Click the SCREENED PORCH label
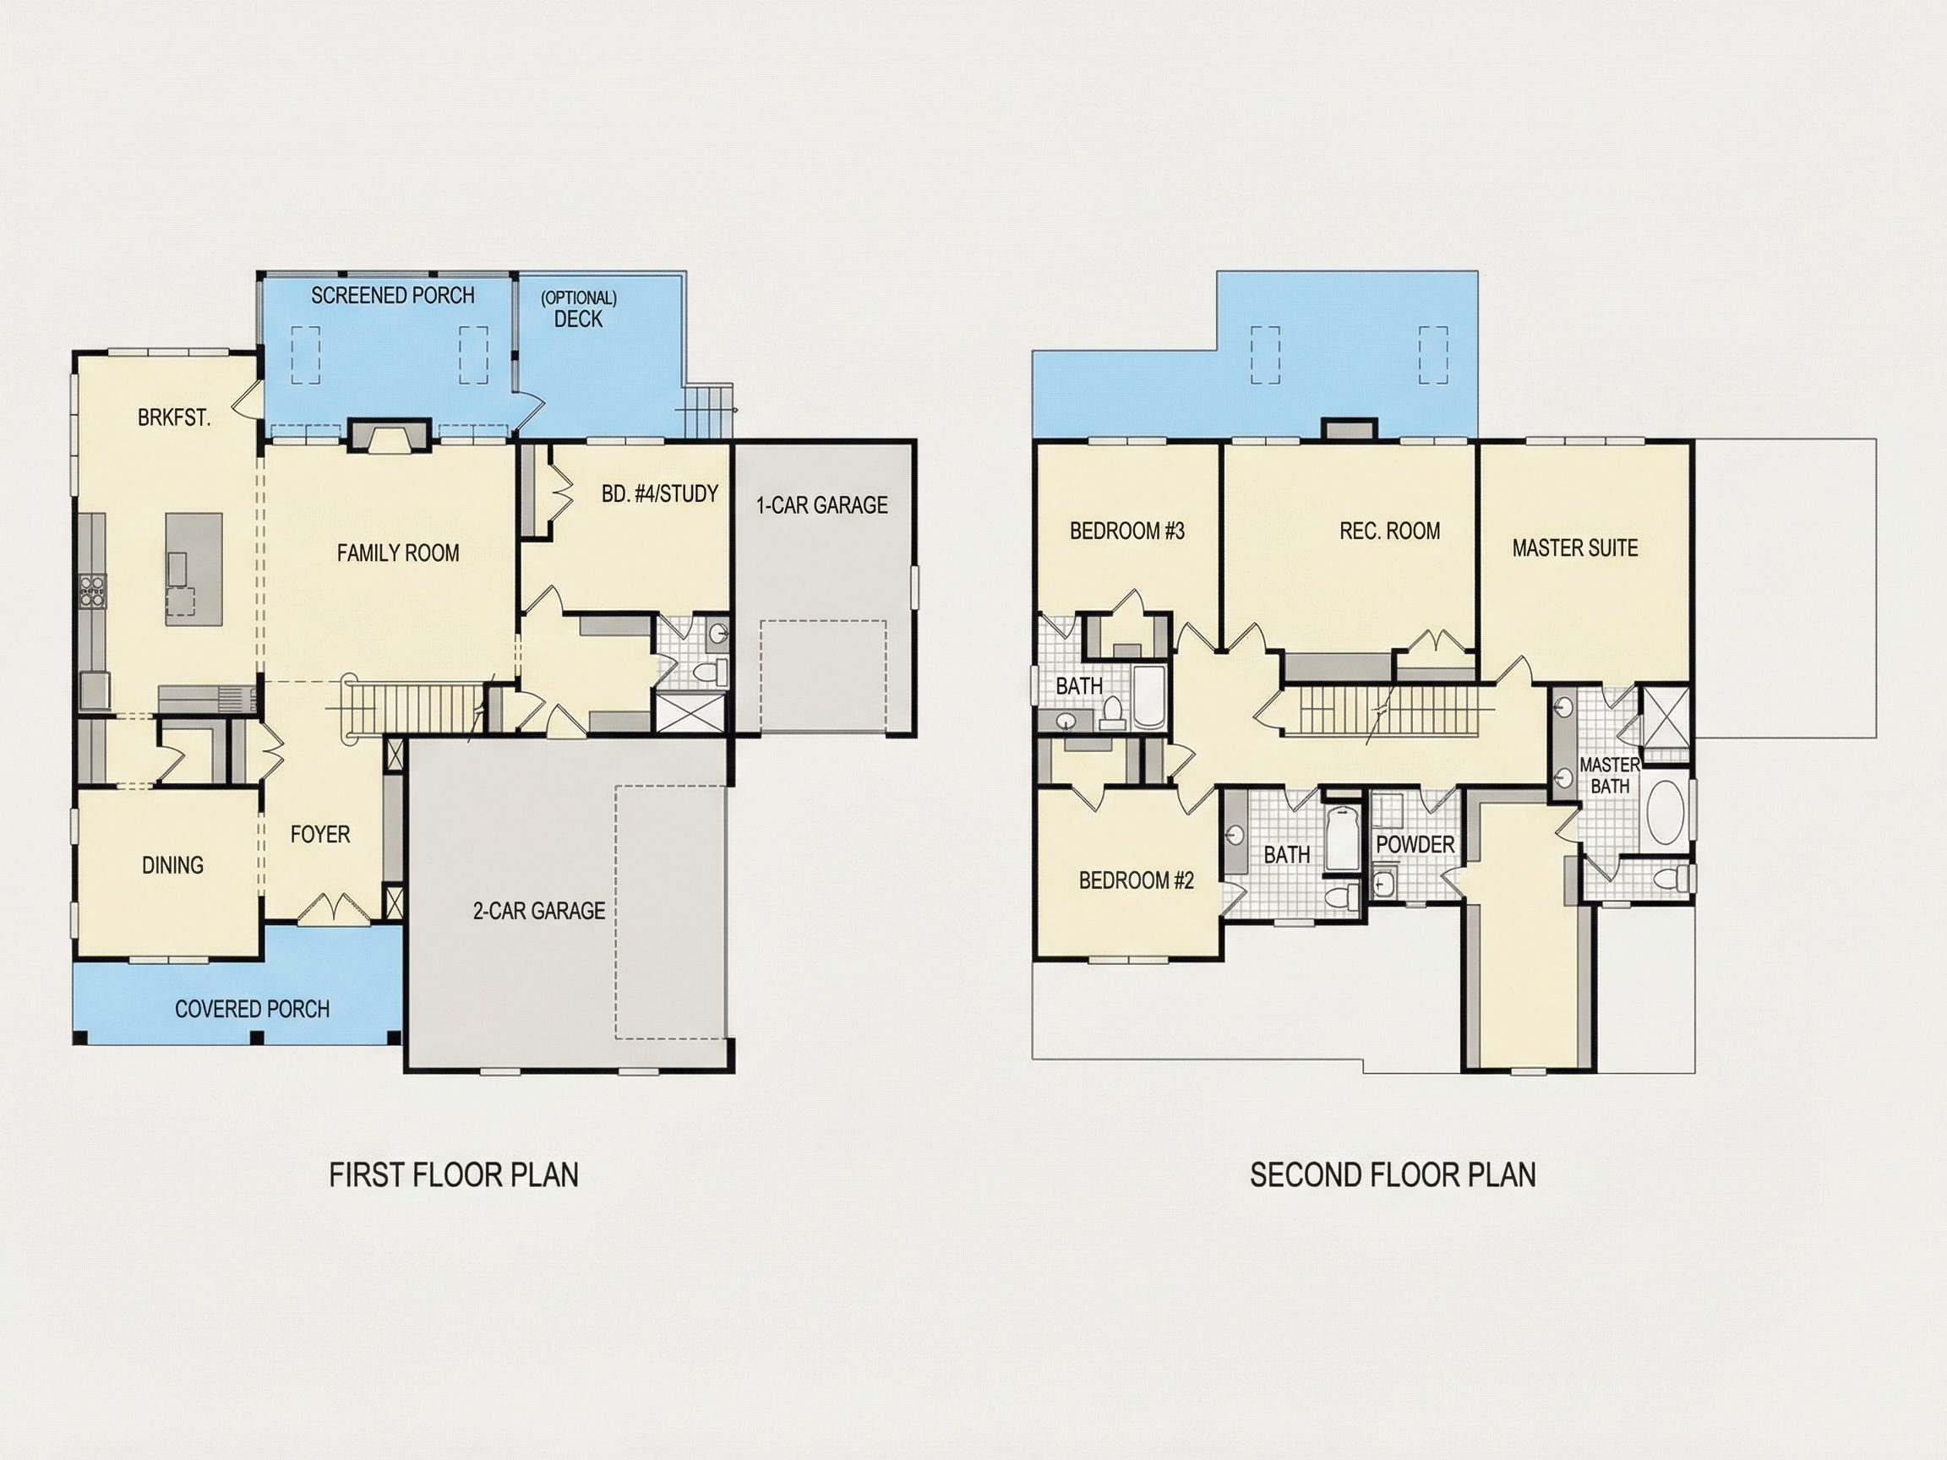click(393, 296)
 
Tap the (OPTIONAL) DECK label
click(578, 309)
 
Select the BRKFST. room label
click(174, 418)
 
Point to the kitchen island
click(194, 569)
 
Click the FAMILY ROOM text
click(398, 553)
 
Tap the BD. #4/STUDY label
click(660, 493)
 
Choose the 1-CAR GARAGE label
click(822, 505)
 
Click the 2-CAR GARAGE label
click(538, 911)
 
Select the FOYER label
click(320, 834)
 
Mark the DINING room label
click(172, 866)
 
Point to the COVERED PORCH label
click(252, 1010)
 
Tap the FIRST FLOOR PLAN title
click(454, 1176)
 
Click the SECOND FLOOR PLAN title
click(1393, 1176)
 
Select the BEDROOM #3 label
click(1126, 531)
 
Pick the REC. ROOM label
click(1390, 531)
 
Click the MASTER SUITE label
click(1574, 548)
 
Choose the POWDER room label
click(1415, 844)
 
